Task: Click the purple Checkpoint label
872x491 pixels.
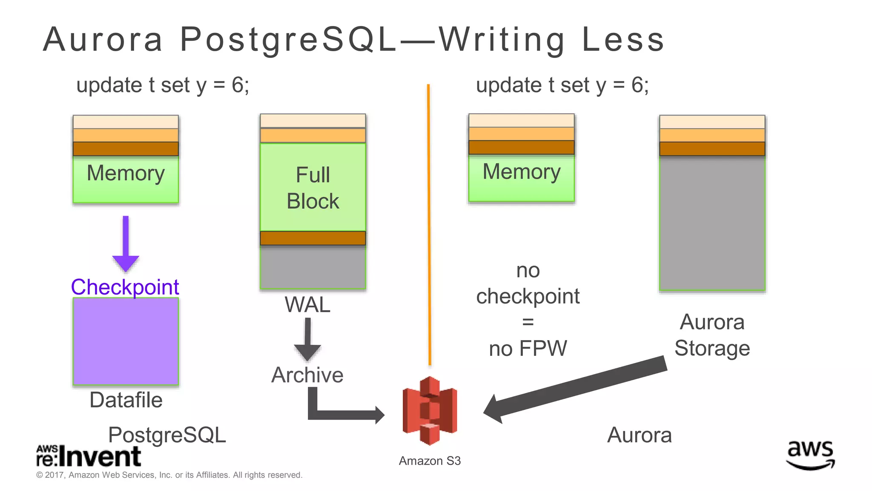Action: click(x=125, y=287)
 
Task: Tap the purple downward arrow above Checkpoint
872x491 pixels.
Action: click(x=126, y=245)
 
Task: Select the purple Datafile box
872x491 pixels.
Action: click(x=126, y=341)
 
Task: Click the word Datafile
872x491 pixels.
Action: click(x=126, y=400)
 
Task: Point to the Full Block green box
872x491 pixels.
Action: click(x=313, y=188)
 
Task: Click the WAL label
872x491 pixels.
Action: click(x=307, y=305)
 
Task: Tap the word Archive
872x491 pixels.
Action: click(x=307, y=375)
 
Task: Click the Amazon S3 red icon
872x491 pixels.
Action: click(x=430, y=410)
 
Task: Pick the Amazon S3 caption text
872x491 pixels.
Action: click(x=430, y=461)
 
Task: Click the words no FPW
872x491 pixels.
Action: click(x=528, y=348)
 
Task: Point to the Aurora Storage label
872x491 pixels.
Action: click(x=712, y=335)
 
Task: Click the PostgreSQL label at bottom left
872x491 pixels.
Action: click(x=167, y=435)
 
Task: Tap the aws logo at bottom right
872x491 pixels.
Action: click(x=810, y=455)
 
